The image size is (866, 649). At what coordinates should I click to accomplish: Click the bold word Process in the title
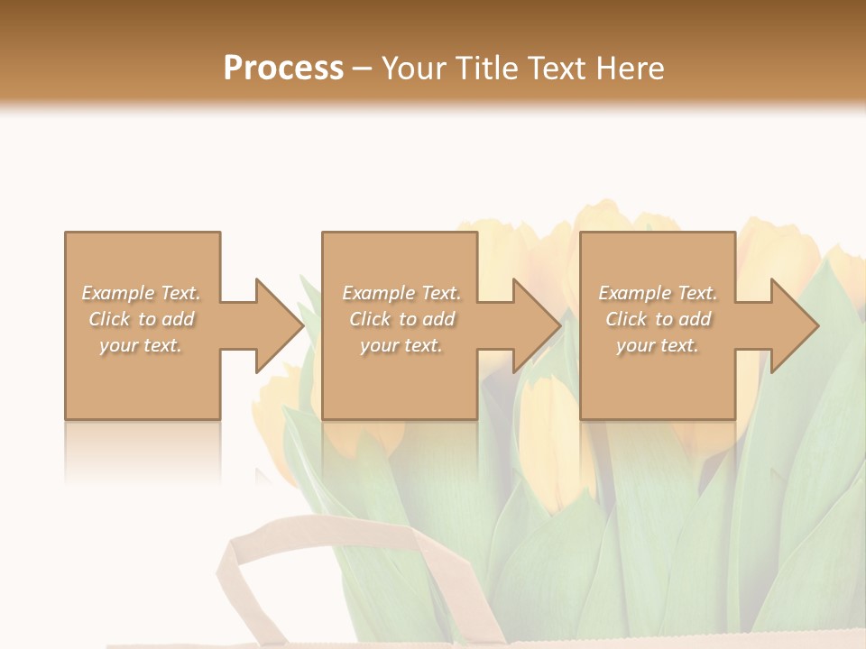(283, 69)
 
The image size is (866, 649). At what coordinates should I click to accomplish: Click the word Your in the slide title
(413, 69)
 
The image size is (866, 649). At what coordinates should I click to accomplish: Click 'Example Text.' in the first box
(142, 293)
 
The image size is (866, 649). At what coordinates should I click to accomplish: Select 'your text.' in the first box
(142, 345)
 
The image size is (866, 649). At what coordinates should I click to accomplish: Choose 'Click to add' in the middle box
(401, 319)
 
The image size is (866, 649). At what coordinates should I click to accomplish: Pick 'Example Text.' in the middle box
(401, 293)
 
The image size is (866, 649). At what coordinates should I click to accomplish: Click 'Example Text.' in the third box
(658, 293)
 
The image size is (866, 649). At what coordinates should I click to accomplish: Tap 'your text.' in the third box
(658, 345)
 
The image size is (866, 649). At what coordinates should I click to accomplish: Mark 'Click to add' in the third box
(658, 319)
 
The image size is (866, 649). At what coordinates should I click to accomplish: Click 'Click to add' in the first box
(142, 319)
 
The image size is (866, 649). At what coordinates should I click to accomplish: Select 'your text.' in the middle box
(401, 345)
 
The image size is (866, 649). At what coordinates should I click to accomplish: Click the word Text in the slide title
(553, 69)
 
